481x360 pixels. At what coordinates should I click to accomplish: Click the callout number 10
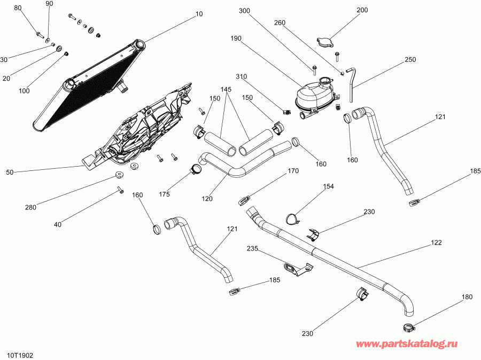[x=199, y=14]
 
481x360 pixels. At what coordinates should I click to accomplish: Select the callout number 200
[x=362, y=10]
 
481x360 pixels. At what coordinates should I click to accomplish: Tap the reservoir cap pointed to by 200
[x=324, y=42]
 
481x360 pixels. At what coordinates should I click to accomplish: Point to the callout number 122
[x=436, y=243]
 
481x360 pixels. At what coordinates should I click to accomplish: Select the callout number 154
[x=328, y=186]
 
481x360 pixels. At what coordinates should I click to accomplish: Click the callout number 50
[x=10, y=172]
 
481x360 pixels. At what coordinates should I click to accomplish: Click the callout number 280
[x=30, y=207]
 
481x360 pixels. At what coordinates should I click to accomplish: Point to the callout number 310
[x=241, y=76]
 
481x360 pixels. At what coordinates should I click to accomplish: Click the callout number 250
[x=410, y=59]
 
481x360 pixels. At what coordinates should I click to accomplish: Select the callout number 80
[x=18, y=8]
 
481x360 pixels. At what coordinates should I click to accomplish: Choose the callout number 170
[x=293, y=171]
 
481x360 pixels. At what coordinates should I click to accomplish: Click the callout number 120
[x=207, y=198]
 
